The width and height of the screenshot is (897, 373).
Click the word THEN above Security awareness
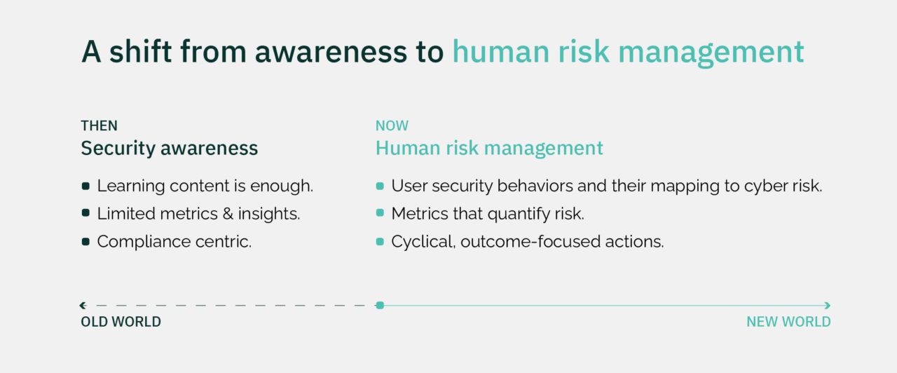[x=99, y=126]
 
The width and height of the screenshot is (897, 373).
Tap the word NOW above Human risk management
[x=392, y=126]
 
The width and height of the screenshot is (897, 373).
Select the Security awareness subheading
[x=169, y=149]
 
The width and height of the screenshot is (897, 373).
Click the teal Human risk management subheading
[x=488, y=149]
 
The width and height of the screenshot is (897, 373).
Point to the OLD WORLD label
[x=121, y=322]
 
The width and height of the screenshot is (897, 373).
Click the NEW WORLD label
[x=788, y=322]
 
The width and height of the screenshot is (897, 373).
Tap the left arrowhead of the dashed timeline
[x=83, y=305]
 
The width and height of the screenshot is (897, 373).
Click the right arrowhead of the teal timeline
[x=828, y=305]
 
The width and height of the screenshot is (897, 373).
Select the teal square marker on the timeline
[x=380, y=305]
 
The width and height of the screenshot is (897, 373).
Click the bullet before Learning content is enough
[x=85, y=186]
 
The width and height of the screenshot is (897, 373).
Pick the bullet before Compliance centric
[x=85, y=242]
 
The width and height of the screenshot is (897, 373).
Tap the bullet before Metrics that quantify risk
[x=380, y=214]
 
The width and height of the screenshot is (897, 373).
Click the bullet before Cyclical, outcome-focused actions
[x=380, y=242]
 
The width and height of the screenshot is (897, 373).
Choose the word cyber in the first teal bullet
[x=764, y=186]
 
